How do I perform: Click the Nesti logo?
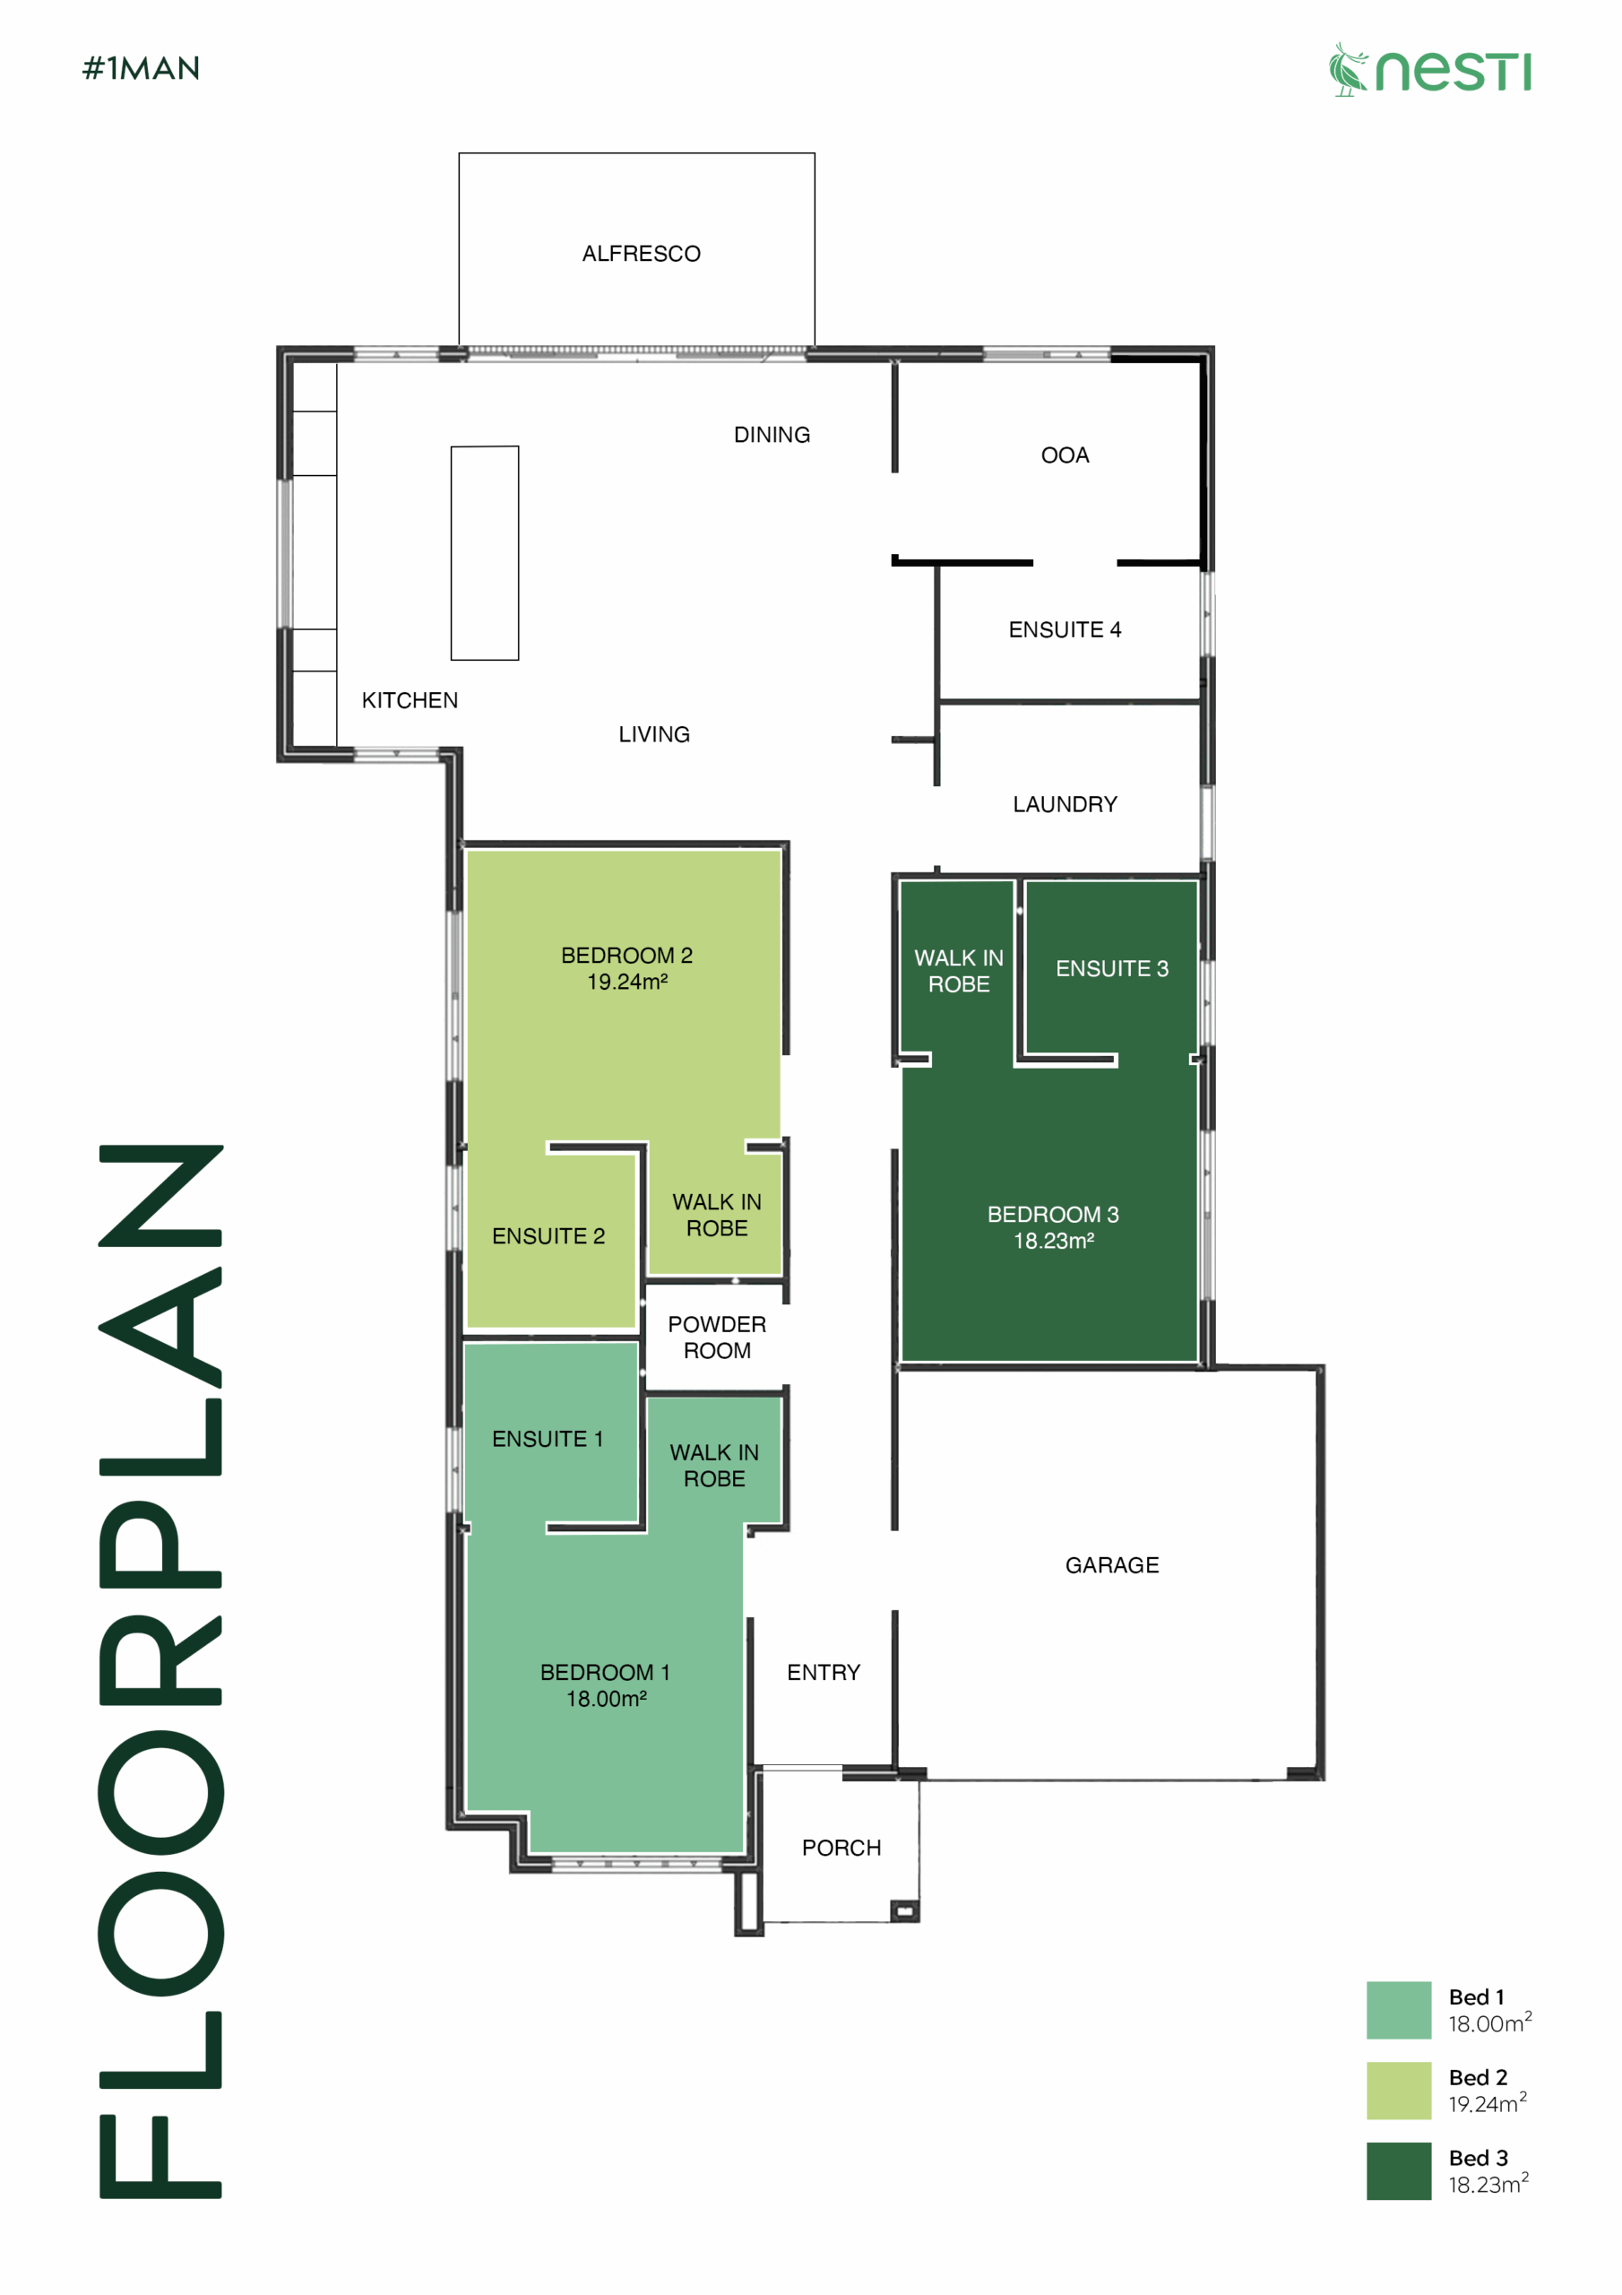coord(1429,69)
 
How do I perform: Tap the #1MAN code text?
coord(141,68)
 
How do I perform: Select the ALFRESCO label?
coord(642,254)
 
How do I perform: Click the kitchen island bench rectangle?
coord(485,553)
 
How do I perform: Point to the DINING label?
coord(772,435)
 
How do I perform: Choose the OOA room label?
coord(1066,455)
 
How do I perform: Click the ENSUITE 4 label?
coord(1066,629)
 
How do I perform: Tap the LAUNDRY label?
coord(1066,805)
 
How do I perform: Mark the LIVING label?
coord(654,735)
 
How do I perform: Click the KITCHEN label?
coord(410,701)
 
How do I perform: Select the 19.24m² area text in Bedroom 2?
coord(627,982)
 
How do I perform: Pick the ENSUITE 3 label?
coord(1112,968)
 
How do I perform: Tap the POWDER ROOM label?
coord(718,1338)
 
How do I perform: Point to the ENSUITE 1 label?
coord(548,1440)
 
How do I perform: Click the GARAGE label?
coord(1112,1565)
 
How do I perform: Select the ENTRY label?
coord(824,1673)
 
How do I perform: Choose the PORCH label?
coord(841,1849)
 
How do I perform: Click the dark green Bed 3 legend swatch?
coord(1399,2171)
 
